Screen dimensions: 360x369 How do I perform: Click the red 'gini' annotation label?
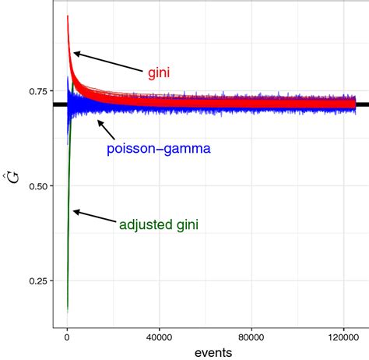point(159,72)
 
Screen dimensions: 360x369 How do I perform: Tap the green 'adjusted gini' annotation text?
point(159,225)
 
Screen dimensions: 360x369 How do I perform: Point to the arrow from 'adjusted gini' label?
point(93,217)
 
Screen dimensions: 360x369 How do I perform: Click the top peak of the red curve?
point(68,16)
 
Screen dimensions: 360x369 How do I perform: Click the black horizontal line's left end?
point(54,104)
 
